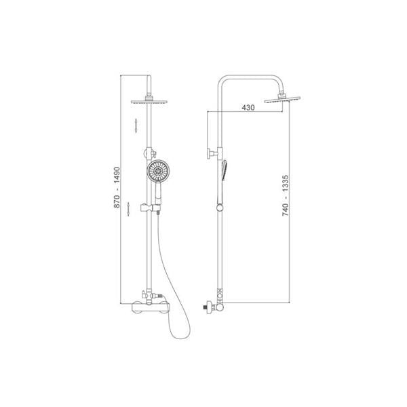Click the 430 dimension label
[x=248, y=107]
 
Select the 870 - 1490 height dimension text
[x=117, y=187]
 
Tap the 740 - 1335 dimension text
[x=286, y=195]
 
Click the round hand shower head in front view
[x=158, y=171]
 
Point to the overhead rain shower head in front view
[x=149, y=102]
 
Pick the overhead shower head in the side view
[x=282, y=100]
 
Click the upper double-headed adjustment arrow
[x=136, y=125]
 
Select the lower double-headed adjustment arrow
[x=128, y=209]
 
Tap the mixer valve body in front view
[x=149, y=307]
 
